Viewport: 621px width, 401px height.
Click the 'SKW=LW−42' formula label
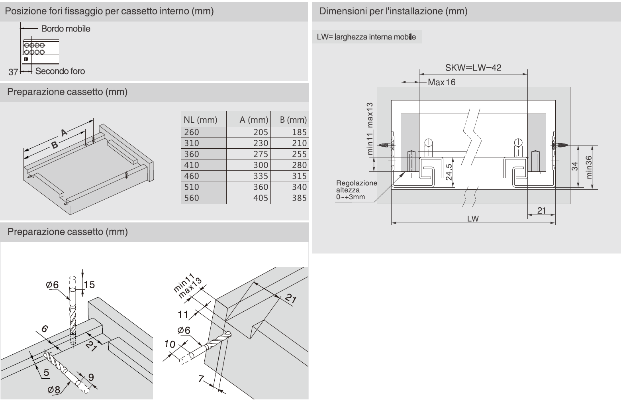(473, 67)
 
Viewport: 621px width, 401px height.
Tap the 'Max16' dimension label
(441, 83)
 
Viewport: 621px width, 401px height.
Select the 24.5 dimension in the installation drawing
(449, 172)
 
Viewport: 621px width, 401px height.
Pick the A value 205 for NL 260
(261, 132)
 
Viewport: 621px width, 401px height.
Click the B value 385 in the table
(299, 198)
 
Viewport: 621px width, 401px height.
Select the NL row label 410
(192, 165)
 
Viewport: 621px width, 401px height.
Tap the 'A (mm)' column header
(254, 120)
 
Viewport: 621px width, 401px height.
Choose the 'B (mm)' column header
(293, 120)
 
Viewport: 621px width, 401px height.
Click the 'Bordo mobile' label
(66, 29)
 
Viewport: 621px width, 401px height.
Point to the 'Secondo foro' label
(60, 71)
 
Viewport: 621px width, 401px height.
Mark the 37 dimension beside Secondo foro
(14, 72)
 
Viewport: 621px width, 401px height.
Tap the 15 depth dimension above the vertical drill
(89, 285)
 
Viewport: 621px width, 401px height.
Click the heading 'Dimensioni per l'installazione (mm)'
(393, 11)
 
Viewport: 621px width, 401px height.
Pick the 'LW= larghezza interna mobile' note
(366, 37)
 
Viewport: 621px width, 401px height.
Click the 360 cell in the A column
(261, 187)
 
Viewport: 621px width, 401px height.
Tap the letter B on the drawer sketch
(55, 145)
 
